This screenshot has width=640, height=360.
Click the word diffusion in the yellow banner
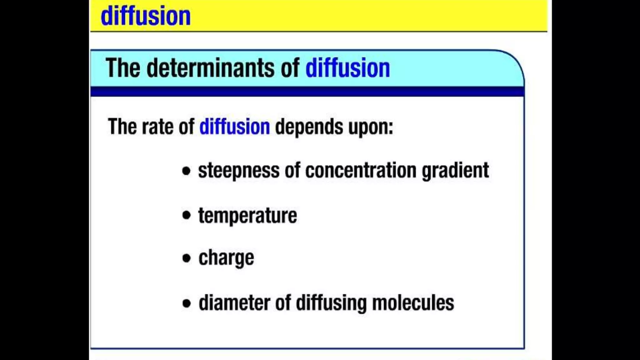pos(146,16)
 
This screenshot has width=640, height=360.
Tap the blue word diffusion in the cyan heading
pos(347,68)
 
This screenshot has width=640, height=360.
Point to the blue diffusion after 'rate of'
pos(234,127)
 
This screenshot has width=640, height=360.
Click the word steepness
pos(239,171)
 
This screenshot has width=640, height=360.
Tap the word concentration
pos(361,170)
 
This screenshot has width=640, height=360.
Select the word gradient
pos(455,171)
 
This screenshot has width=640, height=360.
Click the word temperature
pos(247,216)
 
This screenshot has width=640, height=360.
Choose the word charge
pos(226,258)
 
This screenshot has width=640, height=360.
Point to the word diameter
pos(234,303)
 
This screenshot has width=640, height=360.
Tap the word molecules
pos(413,303)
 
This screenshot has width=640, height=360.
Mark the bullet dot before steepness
pos(186,171)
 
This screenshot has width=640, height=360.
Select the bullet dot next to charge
pos(186,258)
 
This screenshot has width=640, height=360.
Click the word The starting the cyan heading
pos(123,68)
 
